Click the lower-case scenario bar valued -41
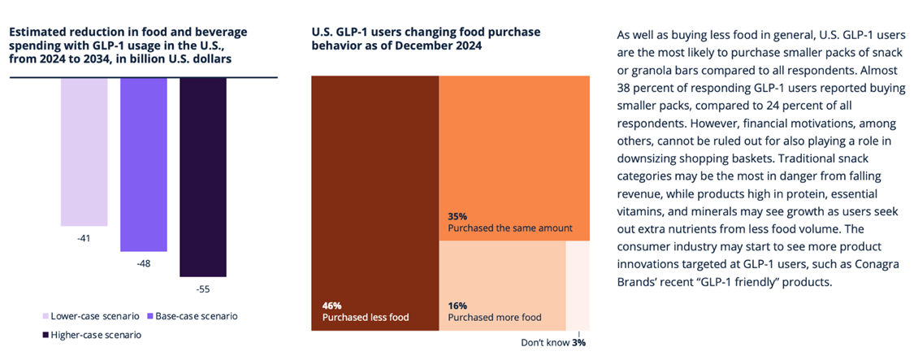pyautogui.click(x=84, y=151)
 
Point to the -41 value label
pyautogui.click(x=84, y=238)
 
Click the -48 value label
pyautogui.click(x=144, y=264)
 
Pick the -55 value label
pyautogui.click(x=203, y=288)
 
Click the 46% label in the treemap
pyautogui.click(x=331, y=305)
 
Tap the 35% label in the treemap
pyautogui.click(x=458, y=217)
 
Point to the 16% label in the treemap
pyautogui.click(x=457, y=305)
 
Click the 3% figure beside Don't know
pyautogui.click(x=578, y=342)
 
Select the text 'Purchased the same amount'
pyautogui.click(x=509, y=229)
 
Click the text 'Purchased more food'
pyautogui.click(x=495, y=318)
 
